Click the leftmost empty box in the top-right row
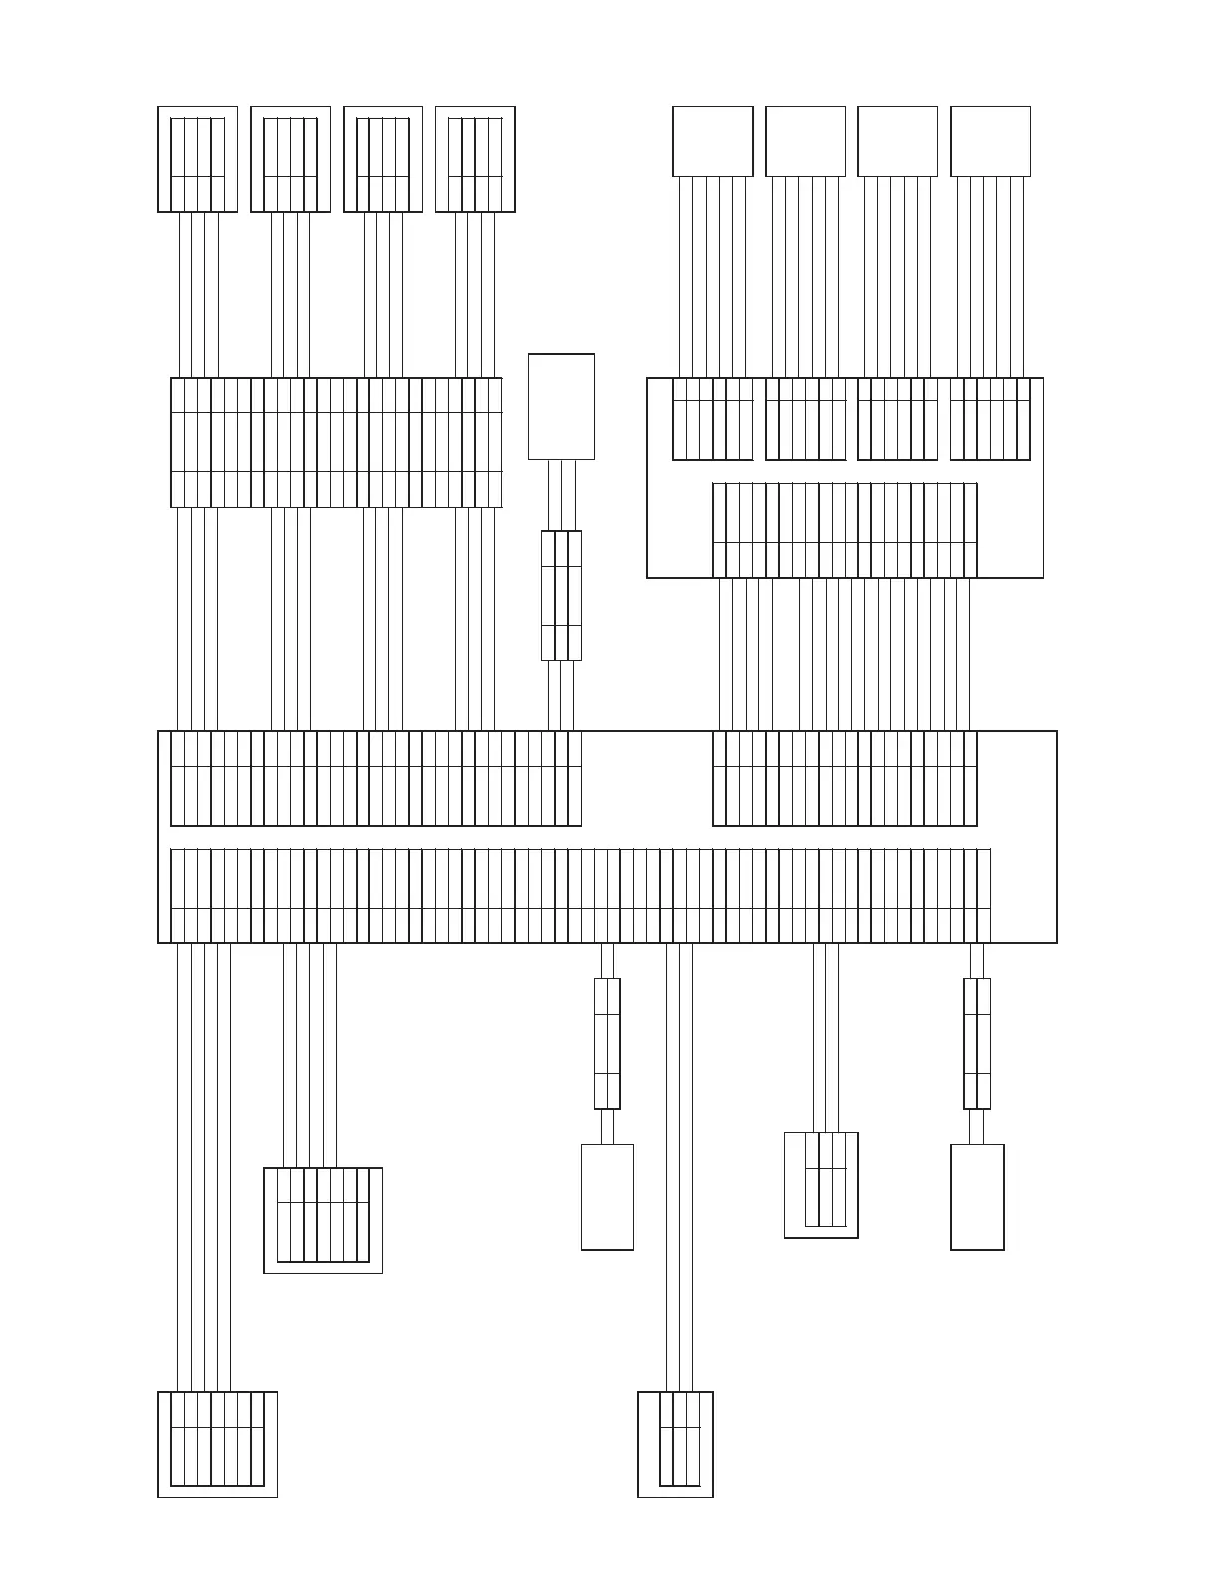point(712,140)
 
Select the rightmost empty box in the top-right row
point(990,140)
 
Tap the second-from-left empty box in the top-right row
point(805,140)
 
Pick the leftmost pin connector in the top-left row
point(197,159)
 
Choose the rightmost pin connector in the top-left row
point(475,159)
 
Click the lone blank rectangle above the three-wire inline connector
point(561,406)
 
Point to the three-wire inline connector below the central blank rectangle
point(561,595)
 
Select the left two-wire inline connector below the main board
point(607,1043)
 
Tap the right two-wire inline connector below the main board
point(977,1043)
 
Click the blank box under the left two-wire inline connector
point(607,1196)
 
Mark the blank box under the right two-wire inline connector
point(977,1196)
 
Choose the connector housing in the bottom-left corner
point(217,1444)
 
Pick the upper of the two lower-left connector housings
point(323,1219)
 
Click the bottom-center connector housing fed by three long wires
point(675,1444)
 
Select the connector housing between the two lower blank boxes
point(822,1184)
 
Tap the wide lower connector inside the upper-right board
point(845,530)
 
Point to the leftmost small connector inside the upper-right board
point(712,418)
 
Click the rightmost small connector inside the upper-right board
point(990,418)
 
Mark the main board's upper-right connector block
point(845,778)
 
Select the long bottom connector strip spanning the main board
point(581,895)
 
